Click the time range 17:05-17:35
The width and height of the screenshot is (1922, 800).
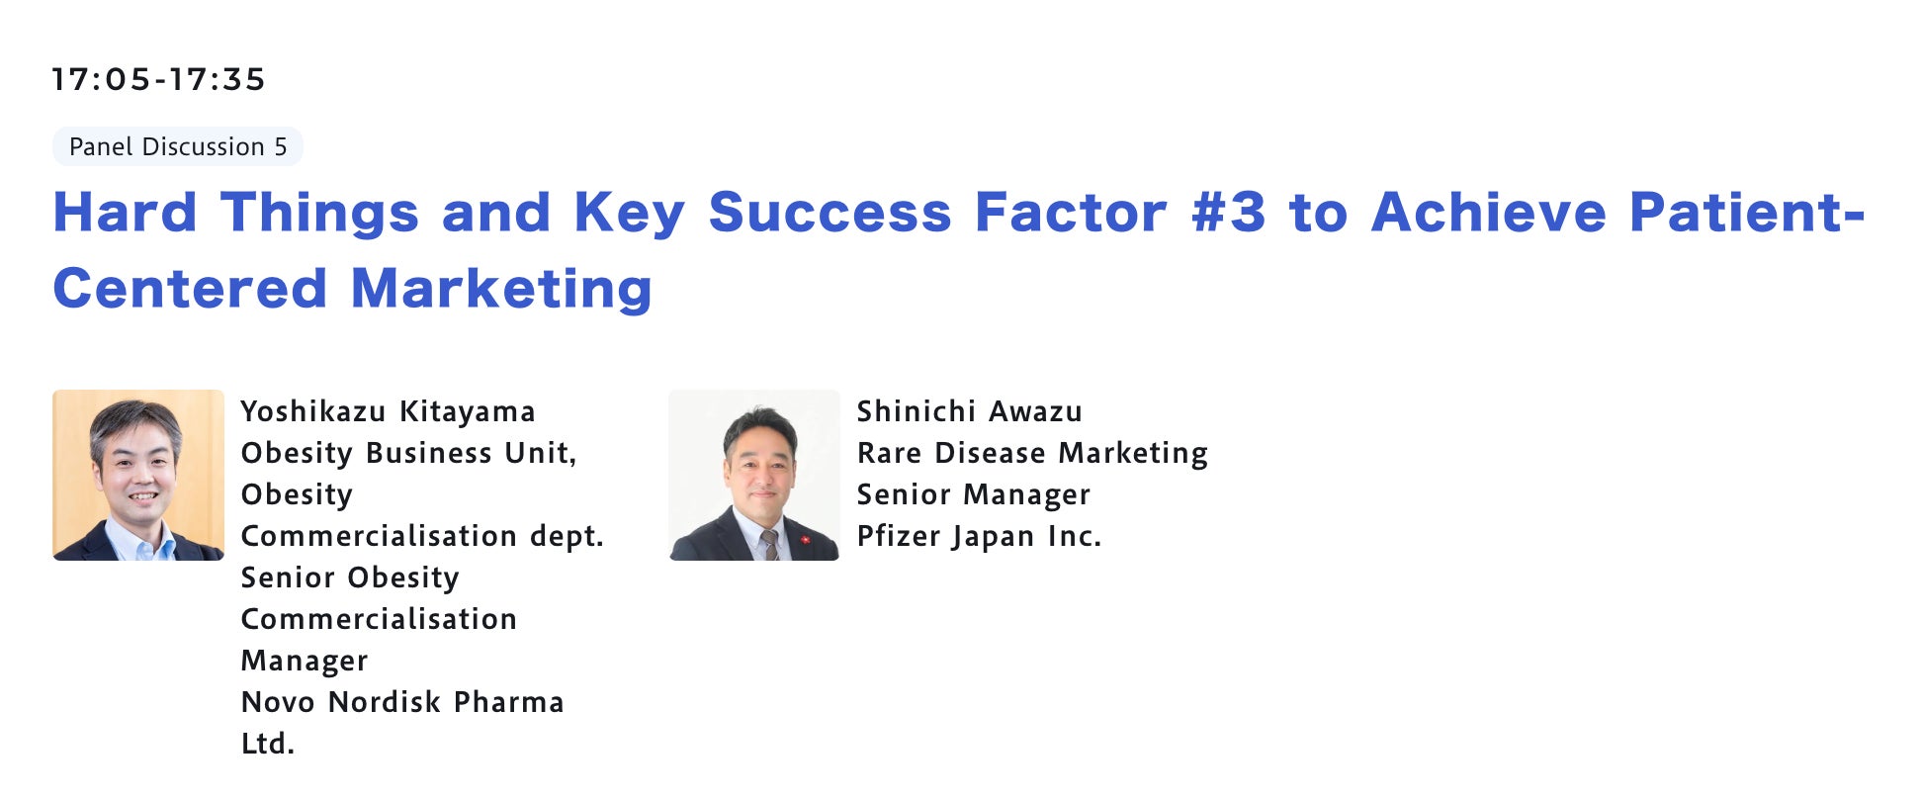[x=159, y=79]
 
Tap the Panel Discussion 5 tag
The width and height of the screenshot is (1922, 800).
[x=178, y=146]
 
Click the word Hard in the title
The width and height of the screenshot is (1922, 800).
[x=126, y=213]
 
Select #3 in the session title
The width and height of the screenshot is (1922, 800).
[x=1228, y=213]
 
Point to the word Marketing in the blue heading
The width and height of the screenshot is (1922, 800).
[x=501, y=289]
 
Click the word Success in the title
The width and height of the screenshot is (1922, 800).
[x=830, y=213]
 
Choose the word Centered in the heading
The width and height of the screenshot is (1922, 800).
[x=190, y=289]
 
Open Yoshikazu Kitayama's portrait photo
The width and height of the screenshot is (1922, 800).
[x=138, y=475]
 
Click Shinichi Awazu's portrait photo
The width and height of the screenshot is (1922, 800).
[x=754, y=475]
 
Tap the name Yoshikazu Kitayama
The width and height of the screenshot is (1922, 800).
[x=389, y=411]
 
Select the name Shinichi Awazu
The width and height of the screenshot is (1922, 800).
[x=970, y=411]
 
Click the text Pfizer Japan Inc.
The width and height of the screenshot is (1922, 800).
[x=979, y=536]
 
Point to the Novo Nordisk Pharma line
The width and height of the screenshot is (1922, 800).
[x=402, y=702]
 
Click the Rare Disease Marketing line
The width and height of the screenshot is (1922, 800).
[x=1032, y=453]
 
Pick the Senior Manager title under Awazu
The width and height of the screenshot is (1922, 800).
[x=974, y=494]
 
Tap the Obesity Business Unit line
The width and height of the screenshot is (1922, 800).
[x=409, y=453]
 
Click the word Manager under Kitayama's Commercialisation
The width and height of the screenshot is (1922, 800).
[x=305, y=661]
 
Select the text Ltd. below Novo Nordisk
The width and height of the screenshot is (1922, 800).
[x=268, y=744]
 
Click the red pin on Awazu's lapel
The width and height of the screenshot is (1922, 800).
[x=805, y=540]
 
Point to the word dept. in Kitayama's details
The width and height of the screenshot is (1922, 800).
[x=567, y=536]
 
